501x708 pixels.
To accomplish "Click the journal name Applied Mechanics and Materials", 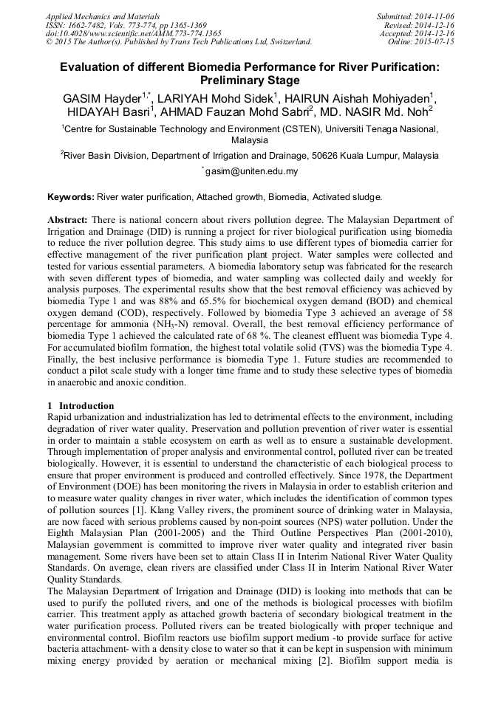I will point(103,16).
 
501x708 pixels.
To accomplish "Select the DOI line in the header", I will point(134,33).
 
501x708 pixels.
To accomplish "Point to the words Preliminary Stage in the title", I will point(250,80).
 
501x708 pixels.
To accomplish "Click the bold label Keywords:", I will point(71,197).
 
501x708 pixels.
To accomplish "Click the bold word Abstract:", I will point(68,220).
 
